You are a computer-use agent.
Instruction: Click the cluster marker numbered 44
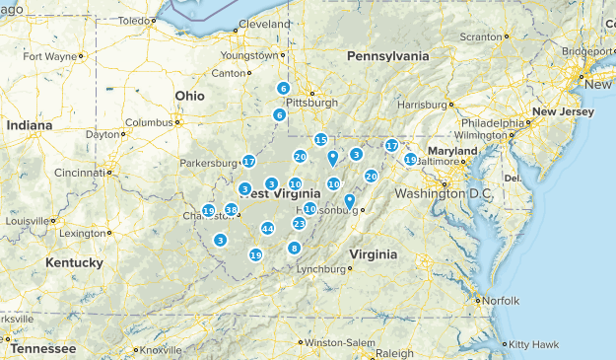[267, 229]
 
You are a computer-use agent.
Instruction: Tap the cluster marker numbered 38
[231, 210]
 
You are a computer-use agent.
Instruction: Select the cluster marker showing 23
[299, 224]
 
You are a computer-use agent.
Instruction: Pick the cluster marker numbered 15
[320, 140]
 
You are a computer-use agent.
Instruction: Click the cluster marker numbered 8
[294, 248]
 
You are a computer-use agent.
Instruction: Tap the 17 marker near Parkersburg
[248, 161]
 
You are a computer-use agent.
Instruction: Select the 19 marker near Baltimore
[410, 159]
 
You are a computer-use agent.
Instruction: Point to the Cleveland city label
[264, 23]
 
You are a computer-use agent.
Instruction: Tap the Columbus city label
[148, 122]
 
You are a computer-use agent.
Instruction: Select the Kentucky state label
[74, 262]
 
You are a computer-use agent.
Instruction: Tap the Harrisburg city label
[422, 105]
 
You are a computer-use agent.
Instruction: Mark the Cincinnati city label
[81, 173]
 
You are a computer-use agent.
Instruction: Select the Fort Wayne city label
[49, 56]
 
